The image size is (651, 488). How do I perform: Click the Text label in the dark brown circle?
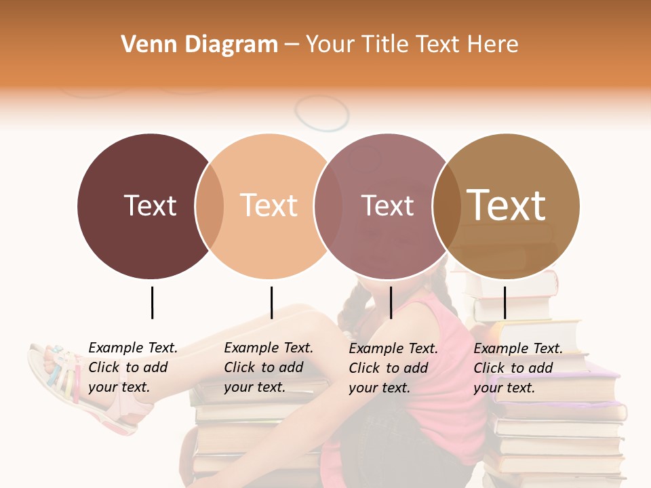pyautogui.click(x=150, y=205)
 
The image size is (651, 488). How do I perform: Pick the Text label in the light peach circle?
pyautogui.click(x=269, y=205)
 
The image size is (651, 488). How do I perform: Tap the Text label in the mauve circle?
pyautogui.click(x=387, y=205)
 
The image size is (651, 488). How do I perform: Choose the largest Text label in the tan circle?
pyautogui.click(x=507, y=205)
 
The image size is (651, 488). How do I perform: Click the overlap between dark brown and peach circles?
pyautogui.click(x=210, y=206)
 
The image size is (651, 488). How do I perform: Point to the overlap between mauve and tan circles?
pyautogui.click(x=447, y=206)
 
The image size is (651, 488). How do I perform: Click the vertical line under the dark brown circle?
pyautogui.click(x=152, y=302)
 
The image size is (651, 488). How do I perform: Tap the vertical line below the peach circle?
pyautogui.click(x=271, y=302)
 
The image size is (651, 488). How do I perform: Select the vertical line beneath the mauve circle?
pyautogui.click(x=391, y=302)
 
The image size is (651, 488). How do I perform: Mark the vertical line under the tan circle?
pyautogui.click(x=505, y=302)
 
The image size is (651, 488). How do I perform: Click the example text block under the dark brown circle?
pyautogui.click(x=133, y=367)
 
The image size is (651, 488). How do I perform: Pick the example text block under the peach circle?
pyautogui.click(x=269, y=367)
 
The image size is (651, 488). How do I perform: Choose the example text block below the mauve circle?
pyautogui.click(x=393, y=368)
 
